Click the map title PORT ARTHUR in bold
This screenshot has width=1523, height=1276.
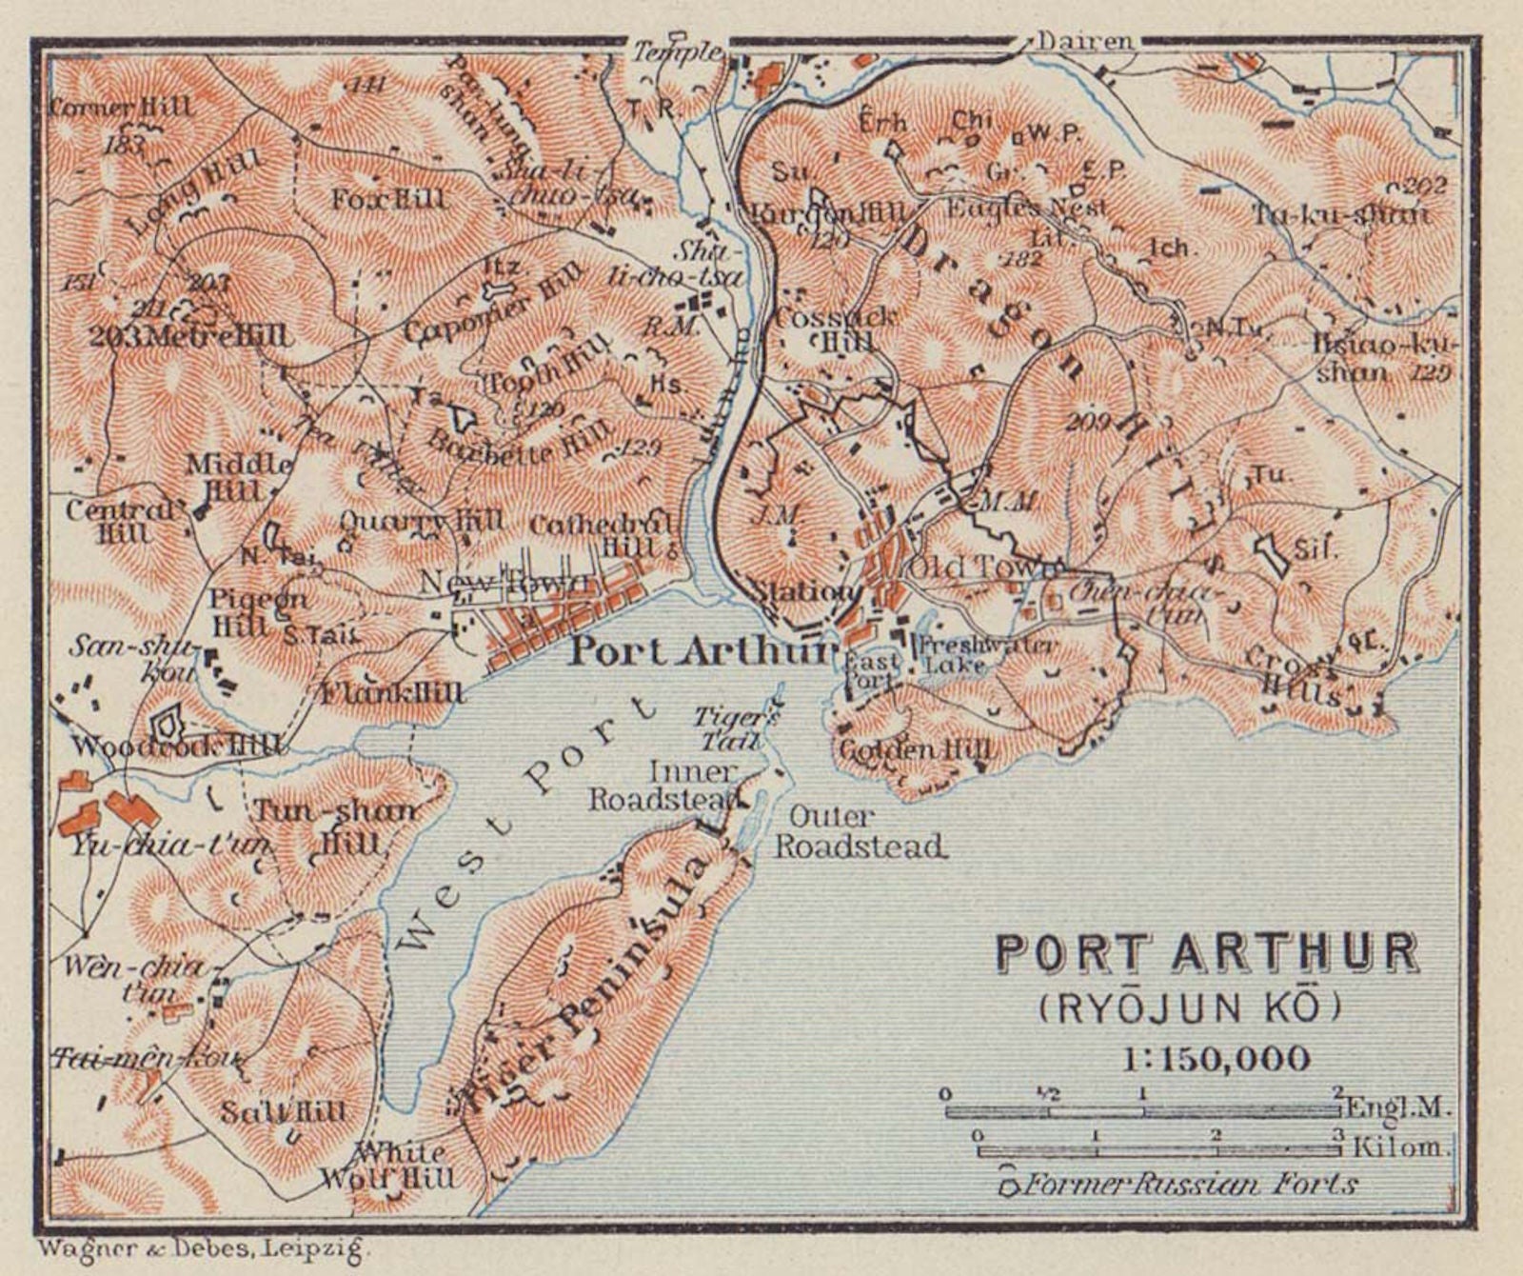(x=1207, y=952)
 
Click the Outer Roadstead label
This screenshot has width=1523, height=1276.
(x=860, y=831)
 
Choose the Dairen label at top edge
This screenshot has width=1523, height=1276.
(x=1085, y=41)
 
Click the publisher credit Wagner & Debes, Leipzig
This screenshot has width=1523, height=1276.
(x=202, y=1246)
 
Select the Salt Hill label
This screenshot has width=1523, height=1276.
(x=284, y=1111)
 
